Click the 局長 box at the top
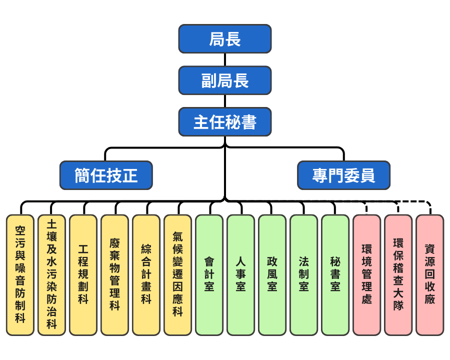[225, 39]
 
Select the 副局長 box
[225, 80]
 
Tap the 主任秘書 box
[225, 122]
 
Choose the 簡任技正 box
[106, 175]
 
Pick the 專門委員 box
[343, 175]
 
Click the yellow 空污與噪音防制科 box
[20, 275]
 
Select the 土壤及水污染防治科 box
[52, 275]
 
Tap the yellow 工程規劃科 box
[83, 275]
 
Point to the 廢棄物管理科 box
[115, 275]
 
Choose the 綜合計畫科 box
[146, 275]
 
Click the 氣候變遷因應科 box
[178, 275]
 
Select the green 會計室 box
[209, 275]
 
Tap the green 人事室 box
[241, 275]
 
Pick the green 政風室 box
[272, 275]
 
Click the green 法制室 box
[304, 275]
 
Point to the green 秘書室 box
[335, 275]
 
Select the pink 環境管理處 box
[367, 275]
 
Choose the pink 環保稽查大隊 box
[398, 275]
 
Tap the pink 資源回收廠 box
[430, 275]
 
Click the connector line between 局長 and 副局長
[225, 59]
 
